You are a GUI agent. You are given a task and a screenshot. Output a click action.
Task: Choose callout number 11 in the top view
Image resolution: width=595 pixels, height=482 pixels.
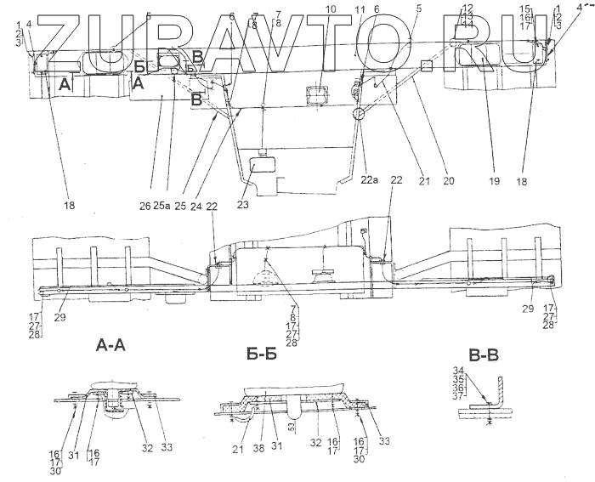(359, 9)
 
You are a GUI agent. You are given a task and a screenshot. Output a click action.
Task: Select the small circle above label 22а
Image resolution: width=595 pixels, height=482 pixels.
(357, 112)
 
